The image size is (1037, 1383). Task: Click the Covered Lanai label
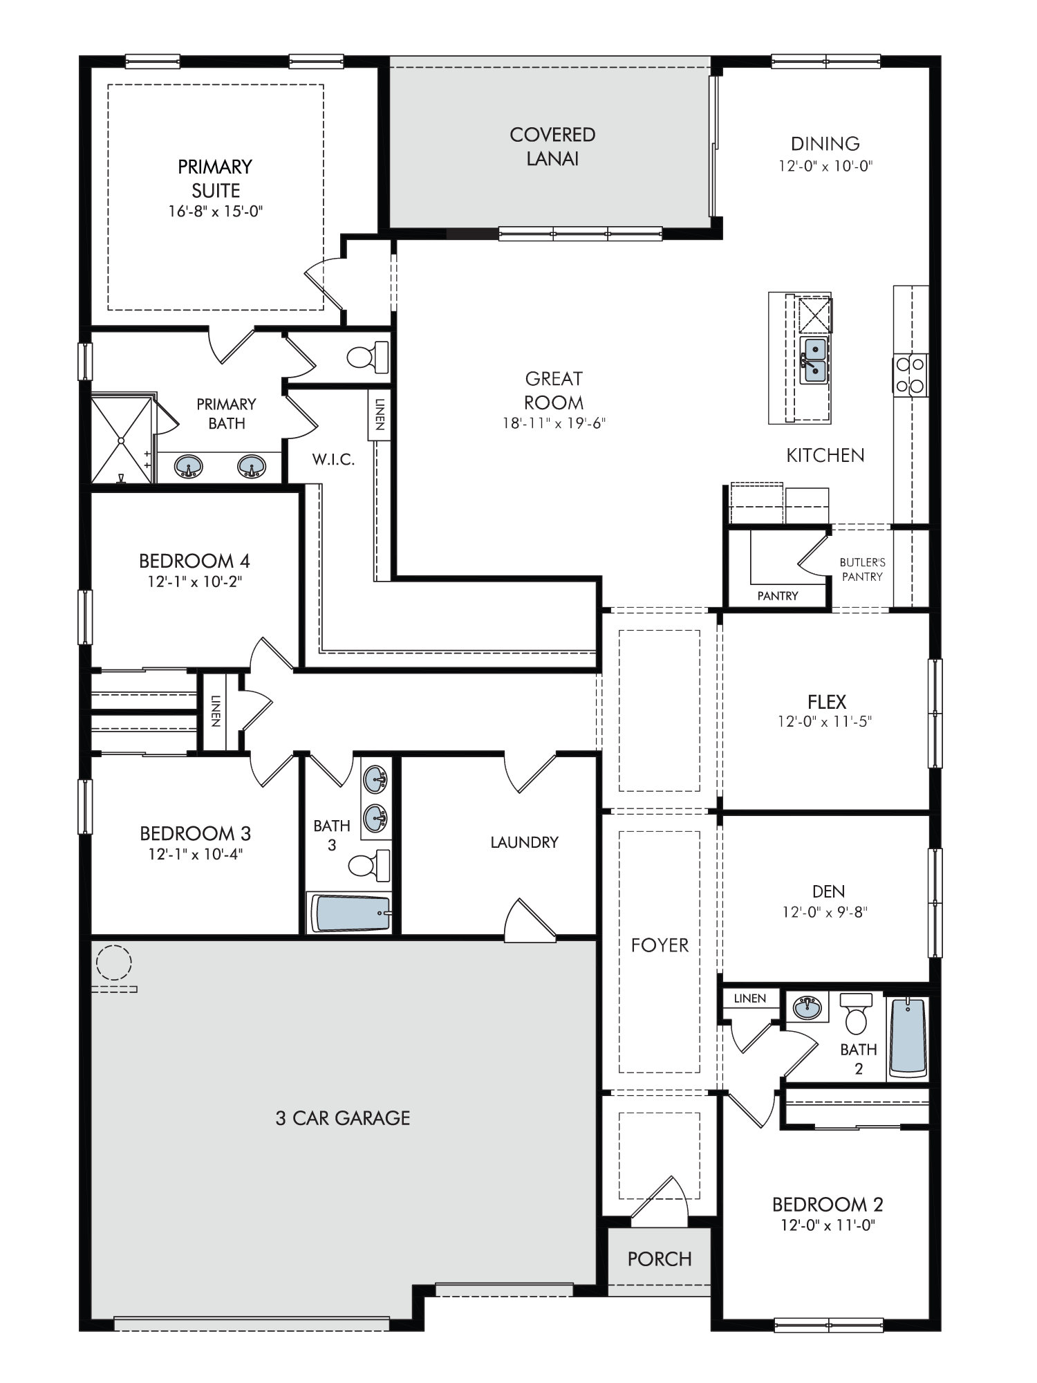tap(552, 147)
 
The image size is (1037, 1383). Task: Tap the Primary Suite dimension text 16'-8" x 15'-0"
tap(216, 212)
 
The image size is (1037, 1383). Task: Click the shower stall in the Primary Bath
tap(122, 439)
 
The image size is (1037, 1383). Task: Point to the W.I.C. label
tap(333, 460)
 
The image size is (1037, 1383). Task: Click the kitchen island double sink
tap(814, 360)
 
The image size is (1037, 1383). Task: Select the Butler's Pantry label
tap(862, 570)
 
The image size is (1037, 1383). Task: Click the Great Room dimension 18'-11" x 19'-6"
tap(554, 423)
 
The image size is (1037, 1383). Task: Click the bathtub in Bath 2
tap(907, 1037)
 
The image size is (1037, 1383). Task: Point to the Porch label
tap(660, 1259)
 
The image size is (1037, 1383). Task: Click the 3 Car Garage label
tap(343, 1118)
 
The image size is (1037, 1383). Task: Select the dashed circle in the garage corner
tap(113, 962)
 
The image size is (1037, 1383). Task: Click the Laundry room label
tap(524, 842)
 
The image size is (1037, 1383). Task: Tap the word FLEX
tap(827, 702)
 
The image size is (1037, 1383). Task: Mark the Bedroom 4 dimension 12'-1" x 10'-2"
tap(195, 582)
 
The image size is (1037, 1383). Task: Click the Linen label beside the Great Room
tap(380, 414)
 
